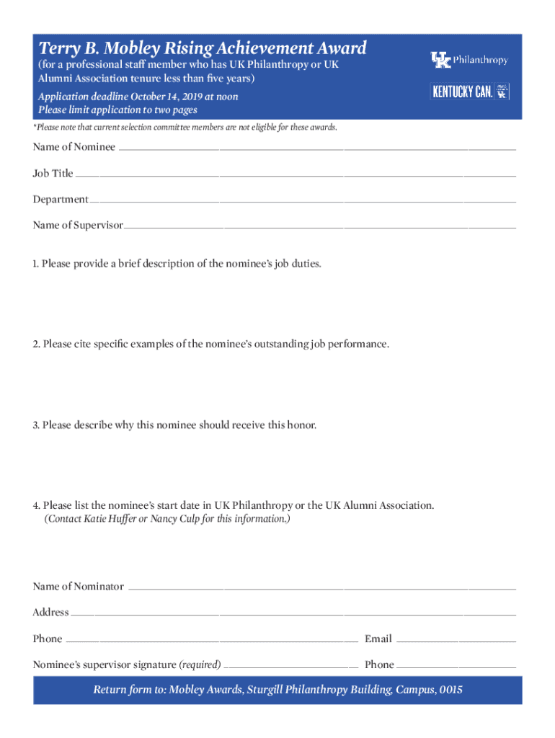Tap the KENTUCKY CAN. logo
(x=469, y=92)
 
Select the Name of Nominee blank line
(x=317, y=148)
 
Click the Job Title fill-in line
(x=296, y=174)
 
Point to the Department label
(x=60, y=200)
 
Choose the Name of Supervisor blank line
(x=320, y=226)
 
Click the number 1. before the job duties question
(x=36, y=264)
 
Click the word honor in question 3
(x=301, y=425)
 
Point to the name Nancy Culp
(x=175, y=519)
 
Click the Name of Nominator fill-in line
(x=321, y=587)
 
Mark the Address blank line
(x=293, y=613)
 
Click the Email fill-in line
(x=456, y=640)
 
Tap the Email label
(x=378, y=639)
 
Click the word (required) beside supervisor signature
(x=200, y=665)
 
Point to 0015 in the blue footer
(x=450, y=690)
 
